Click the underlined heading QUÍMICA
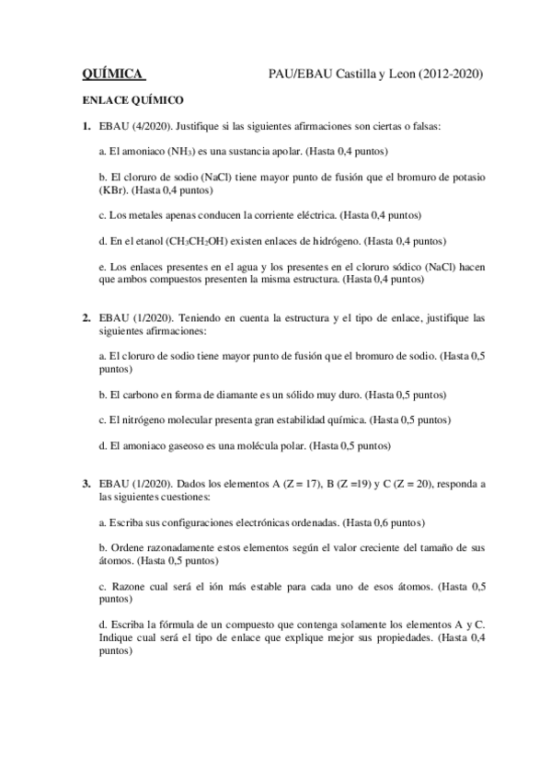pyautogui.click(x=112, y=73)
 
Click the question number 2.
pyautogui.click(x=86, y=318)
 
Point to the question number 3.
pyautogui.click(x=86, y=484)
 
